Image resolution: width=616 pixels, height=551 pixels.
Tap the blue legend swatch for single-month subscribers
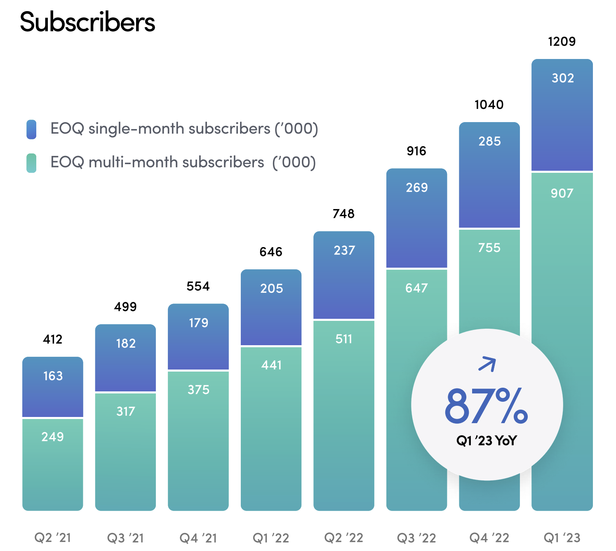[31, 129]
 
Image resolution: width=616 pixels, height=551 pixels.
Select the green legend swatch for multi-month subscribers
[31, 163]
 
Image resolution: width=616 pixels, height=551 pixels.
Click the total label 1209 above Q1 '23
[562, 42]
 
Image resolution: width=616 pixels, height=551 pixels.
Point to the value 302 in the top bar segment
[563, 78]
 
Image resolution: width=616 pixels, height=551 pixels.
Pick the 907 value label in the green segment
[562, 193]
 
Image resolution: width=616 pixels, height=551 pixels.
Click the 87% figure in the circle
[486, 406]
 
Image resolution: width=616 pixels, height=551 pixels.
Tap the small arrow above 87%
[487, 364]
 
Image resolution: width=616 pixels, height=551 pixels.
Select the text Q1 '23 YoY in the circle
[486, 441]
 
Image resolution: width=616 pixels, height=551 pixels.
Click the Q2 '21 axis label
[53, 538]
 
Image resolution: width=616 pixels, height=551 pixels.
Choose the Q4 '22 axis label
[489, 538]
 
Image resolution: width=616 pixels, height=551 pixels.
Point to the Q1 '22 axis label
[271, 538]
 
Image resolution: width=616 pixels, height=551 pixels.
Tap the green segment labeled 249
[53, 464]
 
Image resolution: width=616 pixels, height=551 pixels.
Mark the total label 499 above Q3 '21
[125, 307]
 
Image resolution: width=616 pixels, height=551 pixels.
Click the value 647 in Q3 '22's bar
[416, 288]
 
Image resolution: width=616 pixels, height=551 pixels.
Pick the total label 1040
[489, 105]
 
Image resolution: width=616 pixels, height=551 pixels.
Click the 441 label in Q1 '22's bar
[271, 365]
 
